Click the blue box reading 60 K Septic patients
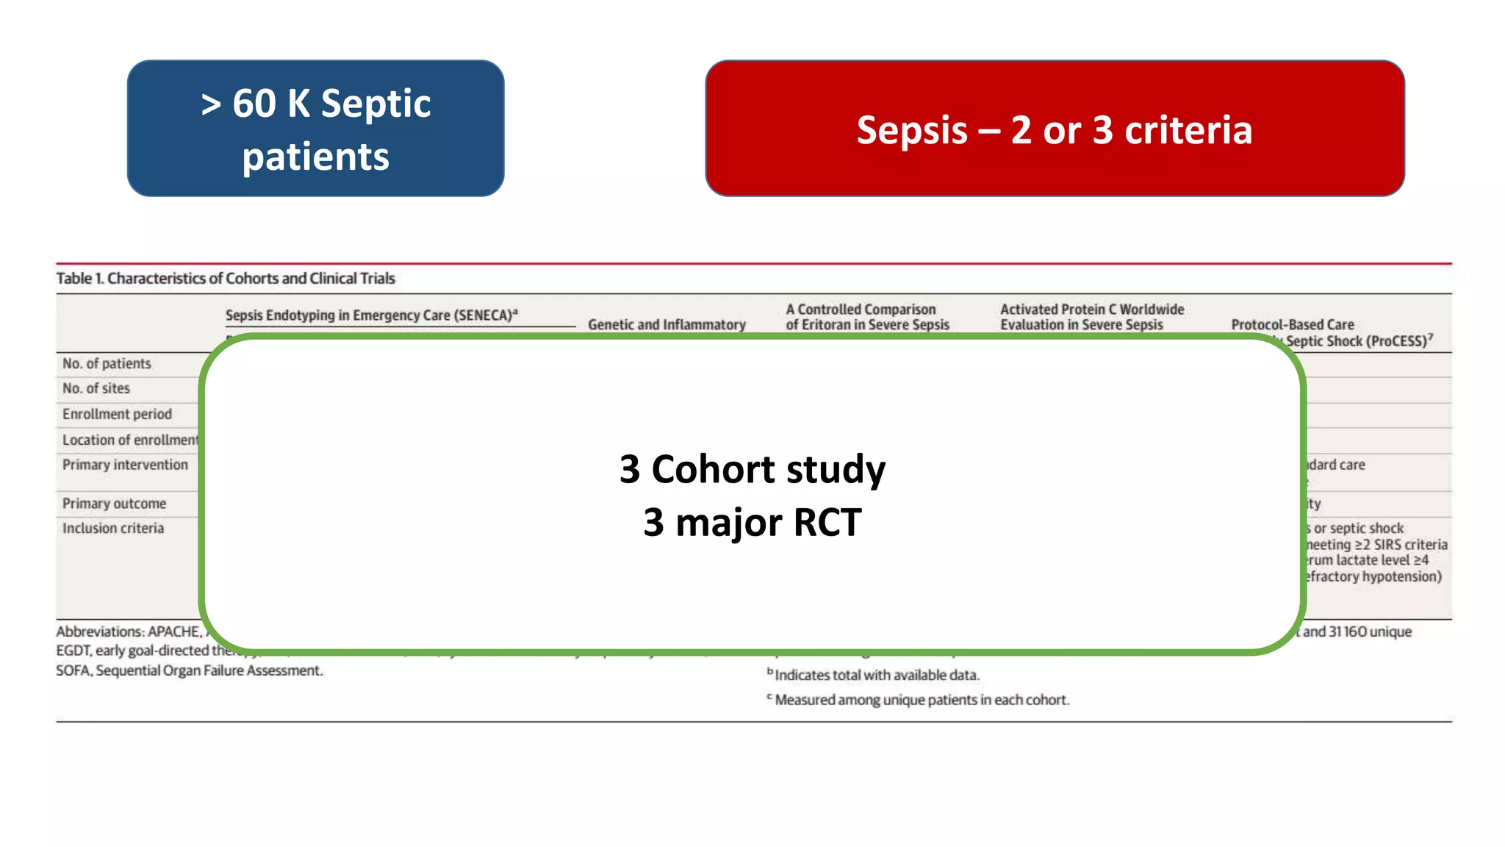(315, 129)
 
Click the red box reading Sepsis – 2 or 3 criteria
(1055, 129)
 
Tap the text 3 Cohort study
(752, 469)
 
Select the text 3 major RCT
(752, 523)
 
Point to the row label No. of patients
(107, 364)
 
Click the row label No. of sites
(96, 389)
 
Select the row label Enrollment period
(117, 415)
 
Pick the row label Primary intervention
(125, 465)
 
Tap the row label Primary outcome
(114, 504)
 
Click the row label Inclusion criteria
(113, 529)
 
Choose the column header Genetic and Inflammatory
(667, 325)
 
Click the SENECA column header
(371, 315)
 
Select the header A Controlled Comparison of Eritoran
(867, 317)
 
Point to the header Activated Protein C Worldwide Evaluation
(1091, 317)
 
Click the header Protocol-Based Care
(1292, 325)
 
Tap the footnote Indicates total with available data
(876, 675)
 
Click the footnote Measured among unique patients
(921, 700)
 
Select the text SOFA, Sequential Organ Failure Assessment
(189, 671)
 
